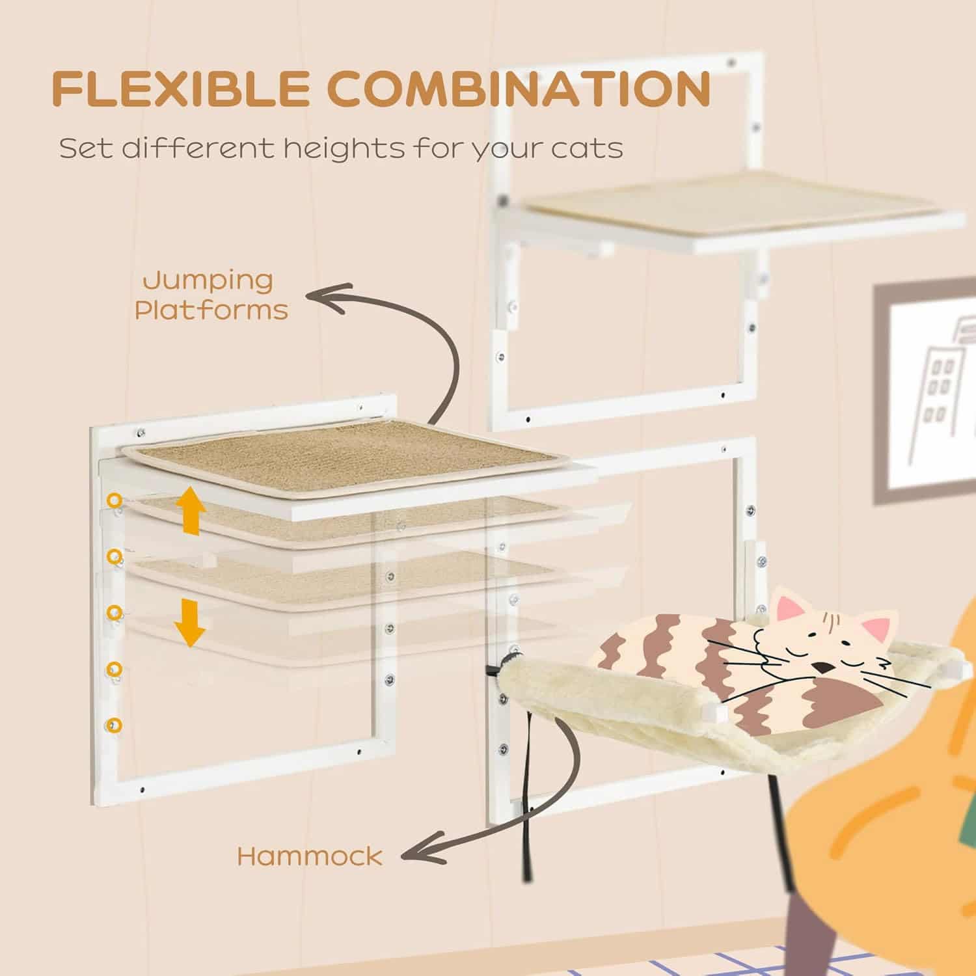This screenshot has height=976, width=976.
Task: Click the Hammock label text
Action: (310, 856)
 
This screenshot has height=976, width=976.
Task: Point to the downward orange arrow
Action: (189, 623)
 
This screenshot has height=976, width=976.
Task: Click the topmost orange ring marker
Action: (115, 500)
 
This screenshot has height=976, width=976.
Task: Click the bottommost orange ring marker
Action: (115, 724)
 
